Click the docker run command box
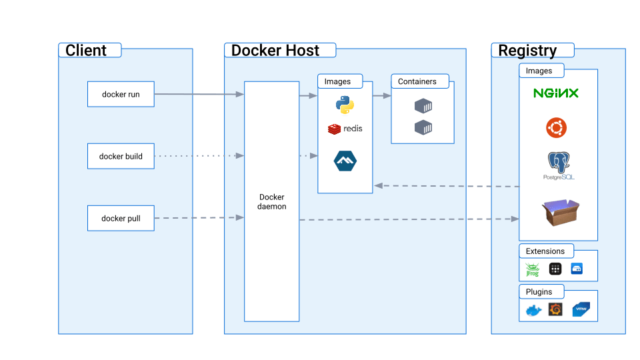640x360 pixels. [121, 94]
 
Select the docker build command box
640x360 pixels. [121, 156]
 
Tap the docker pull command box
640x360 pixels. [121, 218]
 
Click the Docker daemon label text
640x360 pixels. [271, 201]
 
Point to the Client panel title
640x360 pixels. [86, 51]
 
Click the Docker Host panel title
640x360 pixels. [275, 51]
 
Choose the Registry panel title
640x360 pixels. [527, 51]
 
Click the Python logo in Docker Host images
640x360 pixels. [345, 105]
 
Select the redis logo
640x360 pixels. [345, 128]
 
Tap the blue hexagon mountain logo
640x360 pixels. [345, 161]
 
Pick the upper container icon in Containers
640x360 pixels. [423, 106]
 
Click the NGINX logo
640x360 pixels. [556, 93]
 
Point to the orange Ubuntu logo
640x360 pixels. [557, 127]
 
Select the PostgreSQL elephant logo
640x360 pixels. [559, 165]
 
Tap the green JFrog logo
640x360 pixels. [532, 269]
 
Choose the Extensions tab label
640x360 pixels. [545, 251]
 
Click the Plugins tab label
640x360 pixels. [539, 292]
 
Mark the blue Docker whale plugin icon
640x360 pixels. [533, 311]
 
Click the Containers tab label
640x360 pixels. [417, 81]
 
